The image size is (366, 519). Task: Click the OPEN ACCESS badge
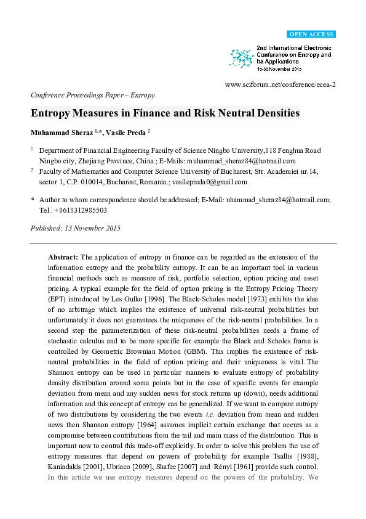click(311, 35)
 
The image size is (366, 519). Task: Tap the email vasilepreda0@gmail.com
click(212, 182)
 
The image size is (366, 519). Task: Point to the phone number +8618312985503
click(73, 210)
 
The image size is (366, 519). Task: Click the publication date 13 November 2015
click(92, 227)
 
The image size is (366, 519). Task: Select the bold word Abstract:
click(63, 256)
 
